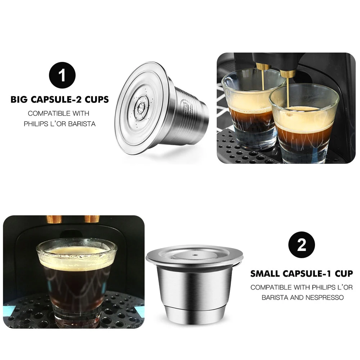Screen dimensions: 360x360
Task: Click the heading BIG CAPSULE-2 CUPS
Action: point(60,100)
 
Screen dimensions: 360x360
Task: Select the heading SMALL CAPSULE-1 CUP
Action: point(302,274)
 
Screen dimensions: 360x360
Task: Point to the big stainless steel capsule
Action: point(162,108)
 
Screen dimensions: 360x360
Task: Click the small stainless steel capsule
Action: point(194,284)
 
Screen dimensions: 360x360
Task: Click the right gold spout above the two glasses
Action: point(288,73)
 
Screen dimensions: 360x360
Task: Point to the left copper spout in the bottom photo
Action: point(54,219)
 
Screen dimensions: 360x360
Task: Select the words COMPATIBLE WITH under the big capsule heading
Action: point(58,113)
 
